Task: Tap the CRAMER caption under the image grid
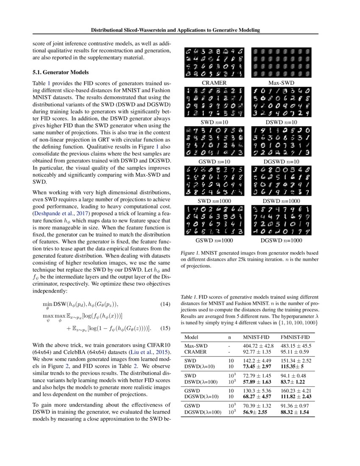(214, 83)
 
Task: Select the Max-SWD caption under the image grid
(282, 83)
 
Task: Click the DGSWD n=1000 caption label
(282, 240)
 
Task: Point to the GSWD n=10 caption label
(214, 161)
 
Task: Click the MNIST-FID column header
(257, 337)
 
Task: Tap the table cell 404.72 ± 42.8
(258, 346)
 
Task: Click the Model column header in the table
(192, 337)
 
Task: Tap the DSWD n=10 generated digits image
(282, 102)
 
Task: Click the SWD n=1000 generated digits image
(214, 181)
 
